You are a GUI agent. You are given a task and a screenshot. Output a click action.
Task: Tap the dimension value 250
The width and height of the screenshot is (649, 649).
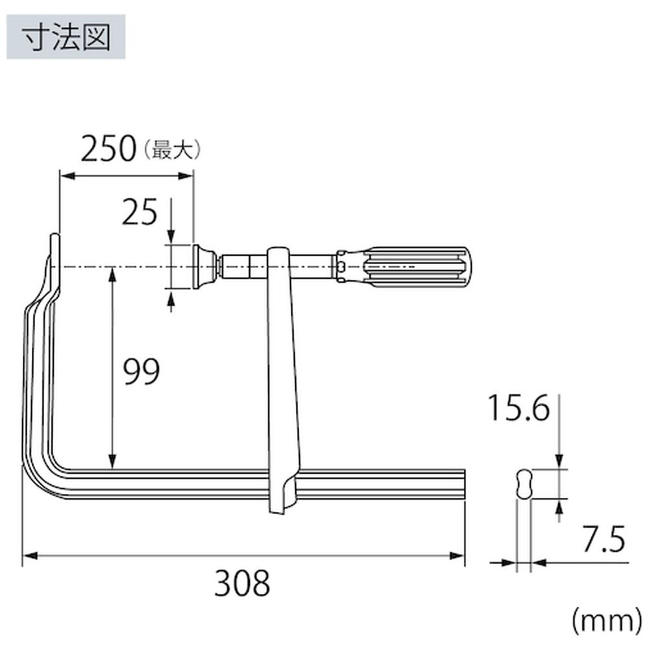tap(108, 149)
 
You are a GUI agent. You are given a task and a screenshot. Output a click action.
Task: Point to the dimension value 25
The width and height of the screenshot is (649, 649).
tap(140, 212)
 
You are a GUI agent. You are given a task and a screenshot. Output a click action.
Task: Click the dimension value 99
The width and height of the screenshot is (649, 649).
tap(141, 372)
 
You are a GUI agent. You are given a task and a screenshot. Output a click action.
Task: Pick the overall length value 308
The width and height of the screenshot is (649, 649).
tap(242, 583)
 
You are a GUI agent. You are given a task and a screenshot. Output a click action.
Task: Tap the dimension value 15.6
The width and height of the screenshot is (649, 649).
tap(519, 408)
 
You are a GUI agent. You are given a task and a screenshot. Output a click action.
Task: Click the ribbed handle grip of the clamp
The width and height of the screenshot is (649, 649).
tap(417, 267)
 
